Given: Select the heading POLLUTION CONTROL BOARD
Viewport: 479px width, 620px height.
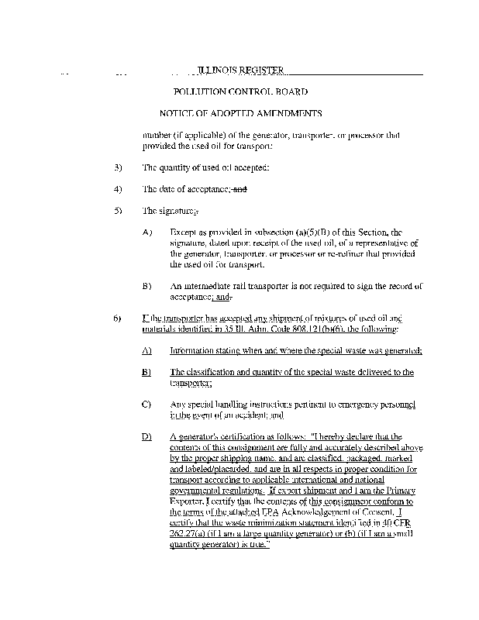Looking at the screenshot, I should [240, 92].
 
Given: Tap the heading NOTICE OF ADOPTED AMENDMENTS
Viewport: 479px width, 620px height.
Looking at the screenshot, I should [240, 114].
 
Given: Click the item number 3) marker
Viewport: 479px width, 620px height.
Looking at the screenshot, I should [118, 167].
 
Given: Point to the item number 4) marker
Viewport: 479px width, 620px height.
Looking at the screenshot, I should [118, 189].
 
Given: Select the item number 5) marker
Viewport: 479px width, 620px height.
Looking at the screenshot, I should [118, 210].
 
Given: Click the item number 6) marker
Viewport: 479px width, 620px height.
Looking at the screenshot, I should [118, 319].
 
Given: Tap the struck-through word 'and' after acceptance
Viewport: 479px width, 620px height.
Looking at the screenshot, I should [239, 189].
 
